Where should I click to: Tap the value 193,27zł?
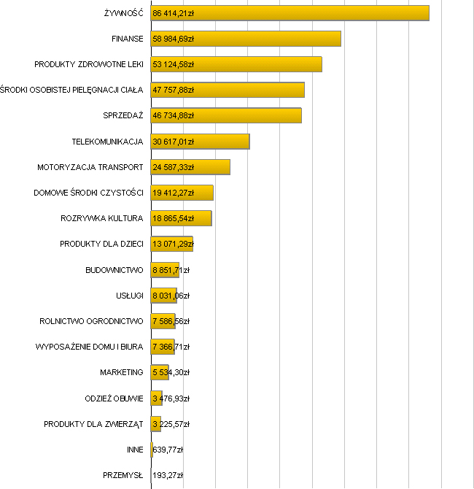point(168,475)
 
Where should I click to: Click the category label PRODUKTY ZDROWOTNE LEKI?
point(88,64)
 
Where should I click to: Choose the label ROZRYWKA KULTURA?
point(101,218)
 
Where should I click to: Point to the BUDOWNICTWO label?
point(114,270)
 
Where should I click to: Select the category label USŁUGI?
point(129,296)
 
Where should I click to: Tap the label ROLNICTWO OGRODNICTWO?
point(91,321)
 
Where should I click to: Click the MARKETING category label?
point(121,372)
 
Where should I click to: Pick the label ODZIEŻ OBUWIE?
point(114,398)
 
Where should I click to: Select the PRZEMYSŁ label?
point(123,475)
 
